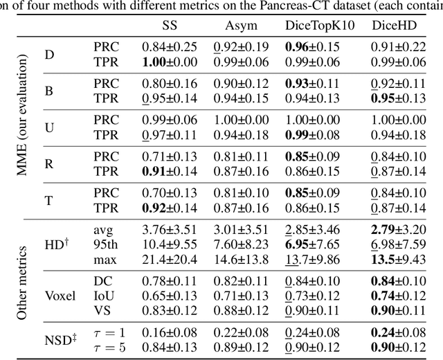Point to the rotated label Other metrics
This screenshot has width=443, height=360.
point(24,282)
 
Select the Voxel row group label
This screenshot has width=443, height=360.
point(60,293)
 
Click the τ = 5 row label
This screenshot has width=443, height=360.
point(108,347)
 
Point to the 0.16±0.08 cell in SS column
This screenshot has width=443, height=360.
point(169,332)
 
